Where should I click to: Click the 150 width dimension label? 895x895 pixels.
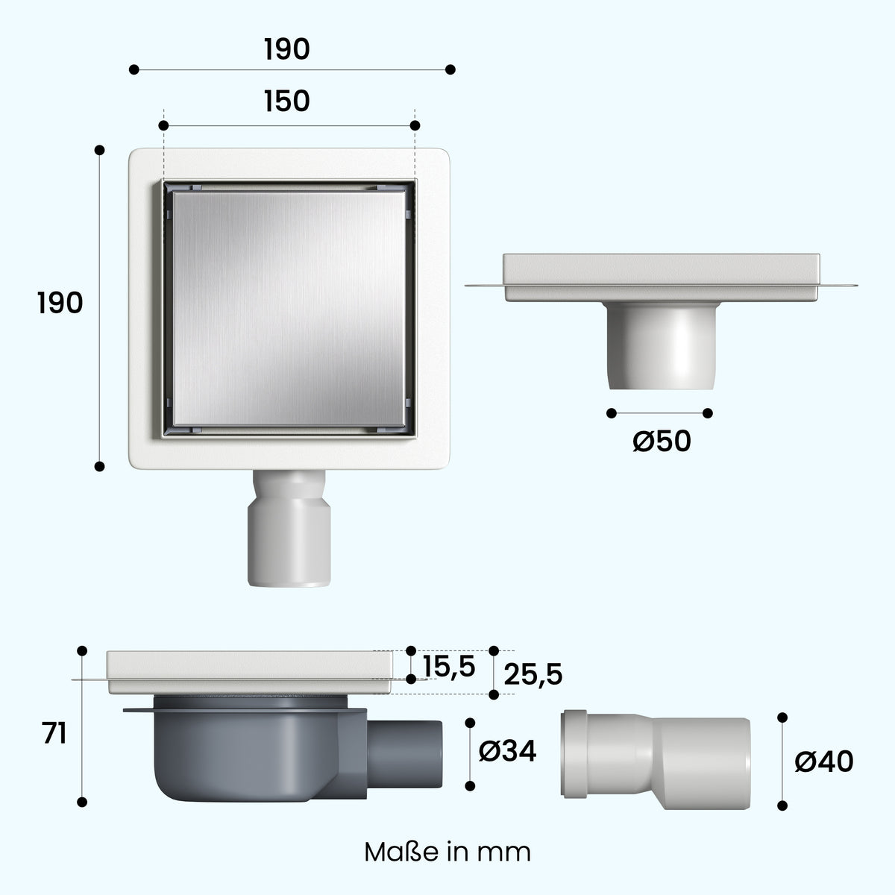pos(286,101)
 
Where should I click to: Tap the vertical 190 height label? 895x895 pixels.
pos(60,303)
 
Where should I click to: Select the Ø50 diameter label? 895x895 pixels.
pos(662,441)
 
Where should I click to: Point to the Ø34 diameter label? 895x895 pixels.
pos(507,750)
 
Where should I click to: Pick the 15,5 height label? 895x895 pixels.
pos(449,667)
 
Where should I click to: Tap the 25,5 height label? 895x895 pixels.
pos(533,674)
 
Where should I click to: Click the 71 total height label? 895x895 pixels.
pos(54,735)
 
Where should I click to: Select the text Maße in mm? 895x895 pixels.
pos(447,852)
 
